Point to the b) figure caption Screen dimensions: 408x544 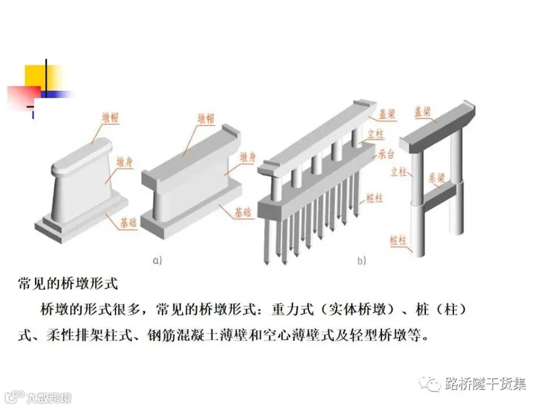tap(361, 261)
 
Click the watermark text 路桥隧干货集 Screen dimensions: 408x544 tap(485, 384)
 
